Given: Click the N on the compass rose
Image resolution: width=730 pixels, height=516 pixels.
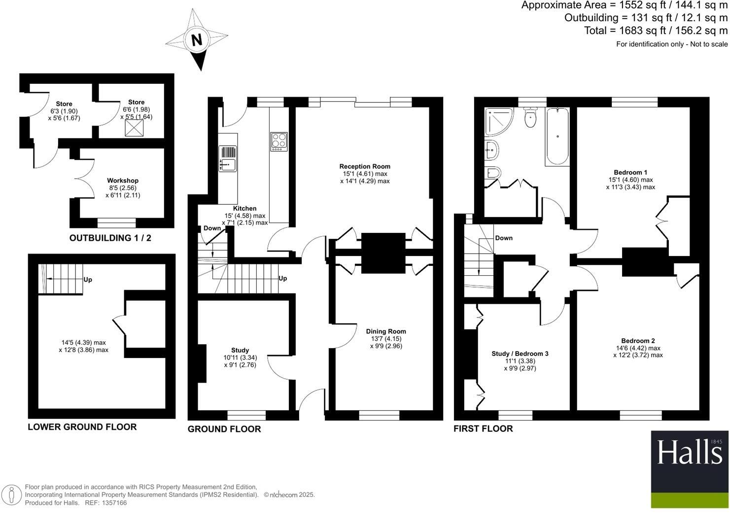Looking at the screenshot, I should click(x=197, y=39).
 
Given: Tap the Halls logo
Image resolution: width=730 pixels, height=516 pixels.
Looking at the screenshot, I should click(x=689, y=452).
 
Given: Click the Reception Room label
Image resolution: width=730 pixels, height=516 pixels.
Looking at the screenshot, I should click(x=364, y=166).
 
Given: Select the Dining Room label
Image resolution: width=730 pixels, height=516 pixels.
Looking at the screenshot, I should click(x=385, y=331).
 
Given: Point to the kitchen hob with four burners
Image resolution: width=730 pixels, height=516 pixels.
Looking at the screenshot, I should click(x=278, y=142).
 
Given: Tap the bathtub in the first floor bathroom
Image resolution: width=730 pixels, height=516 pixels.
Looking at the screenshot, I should click(x=557, y=137).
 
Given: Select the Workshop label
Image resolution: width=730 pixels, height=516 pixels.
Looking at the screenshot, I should click(x=123, y=181).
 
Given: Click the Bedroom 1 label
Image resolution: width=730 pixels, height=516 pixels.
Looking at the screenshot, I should click(x=630, y=172).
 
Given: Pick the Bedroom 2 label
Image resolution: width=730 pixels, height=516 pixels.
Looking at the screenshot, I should click(x=638, y=341).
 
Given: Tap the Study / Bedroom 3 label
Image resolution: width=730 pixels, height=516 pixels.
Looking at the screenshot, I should click(x=520, y=354).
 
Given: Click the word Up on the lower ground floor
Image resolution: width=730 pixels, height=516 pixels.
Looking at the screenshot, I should click(x=87, y=280).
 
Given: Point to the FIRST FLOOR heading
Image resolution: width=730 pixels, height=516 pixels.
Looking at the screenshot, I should click(x=483, y=428).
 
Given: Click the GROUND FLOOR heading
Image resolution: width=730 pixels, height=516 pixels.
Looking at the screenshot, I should click(x=224, y=429).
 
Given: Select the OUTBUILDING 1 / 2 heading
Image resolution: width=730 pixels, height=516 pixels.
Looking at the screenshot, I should click(x=110, y=238).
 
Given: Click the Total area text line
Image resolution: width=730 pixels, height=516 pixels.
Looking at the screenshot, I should click(x=655, y=31).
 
